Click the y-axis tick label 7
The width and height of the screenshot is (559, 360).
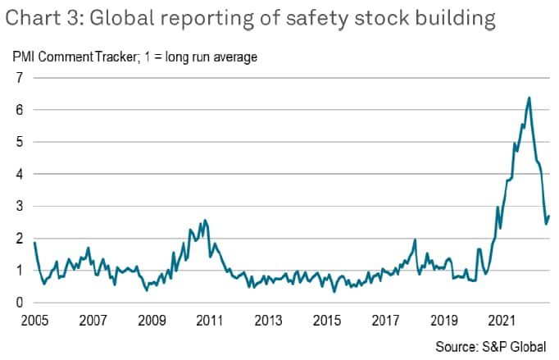pos(16,78)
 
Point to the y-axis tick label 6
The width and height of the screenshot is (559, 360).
pos(16,110)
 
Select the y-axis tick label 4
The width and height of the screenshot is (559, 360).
pos(16,174)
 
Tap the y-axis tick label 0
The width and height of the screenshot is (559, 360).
pos(16,303)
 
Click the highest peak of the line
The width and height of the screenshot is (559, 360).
pos(529,98)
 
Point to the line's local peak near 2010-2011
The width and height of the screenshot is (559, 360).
pos(204,220)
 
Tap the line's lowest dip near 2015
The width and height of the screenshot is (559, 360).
pos(334,291)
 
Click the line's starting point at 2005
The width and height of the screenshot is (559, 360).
pos(34,243)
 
